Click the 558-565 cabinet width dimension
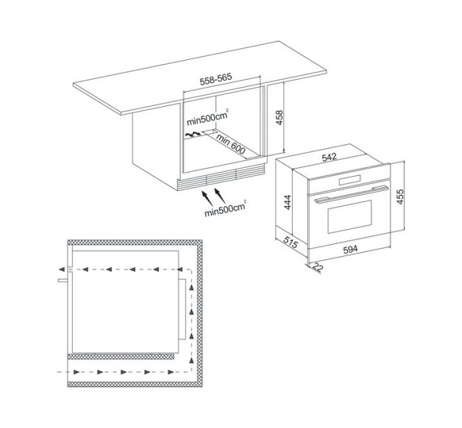[216, 79]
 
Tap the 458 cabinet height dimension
[279, 118]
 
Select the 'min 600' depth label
[230, 144]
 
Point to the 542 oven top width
[329, 157]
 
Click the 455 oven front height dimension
[399, 196]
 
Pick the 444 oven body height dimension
[287, 202]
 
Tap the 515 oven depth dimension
[291, 242]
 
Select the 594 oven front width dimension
[351, 249]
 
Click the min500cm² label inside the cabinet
[207, 118]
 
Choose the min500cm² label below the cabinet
[226, 208]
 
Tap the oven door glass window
[349, 217]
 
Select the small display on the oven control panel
[350, 180]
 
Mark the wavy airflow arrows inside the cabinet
[193, 135]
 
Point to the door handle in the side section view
[63, 281]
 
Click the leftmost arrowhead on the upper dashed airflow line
[62, 269]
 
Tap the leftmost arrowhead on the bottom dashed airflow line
[76, 372]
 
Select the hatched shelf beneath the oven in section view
[121, 357]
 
